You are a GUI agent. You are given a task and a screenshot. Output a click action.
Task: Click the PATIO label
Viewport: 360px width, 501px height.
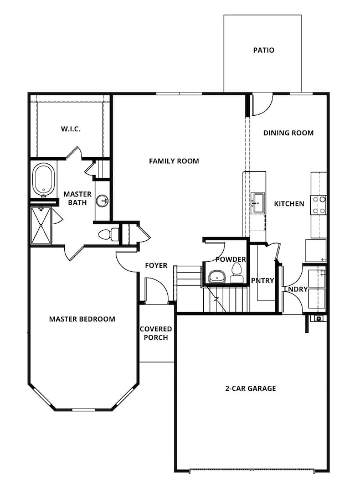[264, 50]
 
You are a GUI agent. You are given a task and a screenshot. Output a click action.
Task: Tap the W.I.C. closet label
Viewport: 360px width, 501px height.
[71, 129]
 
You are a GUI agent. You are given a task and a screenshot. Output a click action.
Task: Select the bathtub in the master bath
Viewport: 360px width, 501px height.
[44, 179]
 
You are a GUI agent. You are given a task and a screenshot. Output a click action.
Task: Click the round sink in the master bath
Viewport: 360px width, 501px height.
[103, 200]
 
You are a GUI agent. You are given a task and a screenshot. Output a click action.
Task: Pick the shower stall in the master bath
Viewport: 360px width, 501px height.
[41, 225]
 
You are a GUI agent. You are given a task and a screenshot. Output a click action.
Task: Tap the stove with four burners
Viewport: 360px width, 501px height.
[319, 205]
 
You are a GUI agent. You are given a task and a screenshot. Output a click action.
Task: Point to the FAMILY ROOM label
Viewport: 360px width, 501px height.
[174, 161]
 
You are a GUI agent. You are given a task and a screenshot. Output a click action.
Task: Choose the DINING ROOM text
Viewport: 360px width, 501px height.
[289, 133]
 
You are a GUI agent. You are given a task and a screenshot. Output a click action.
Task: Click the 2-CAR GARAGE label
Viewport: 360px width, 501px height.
[251, 389]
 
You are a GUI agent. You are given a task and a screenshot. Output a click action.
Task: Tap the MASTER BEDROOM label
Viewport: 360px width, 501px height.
[82, 319]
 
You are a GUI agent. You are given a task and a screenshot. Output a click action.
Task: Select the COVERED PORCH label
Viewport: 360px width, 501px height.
[156, 333]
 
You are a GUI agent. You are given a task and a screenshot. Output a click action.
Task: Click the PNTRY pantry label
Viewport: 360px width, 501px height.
[263, 281]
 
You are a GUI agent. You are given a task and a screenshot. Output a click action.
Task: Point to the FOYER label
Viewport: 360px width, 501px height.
[156, 266]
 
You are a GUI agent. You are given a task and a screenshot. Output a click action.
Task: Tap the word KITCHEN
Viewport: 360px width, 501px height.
[289, 204]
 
